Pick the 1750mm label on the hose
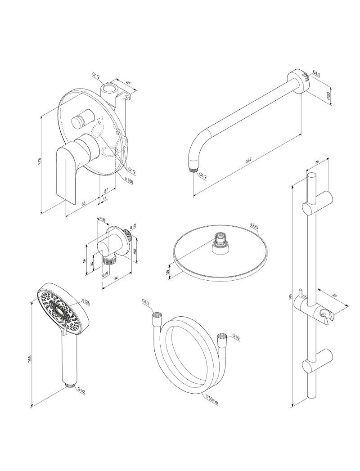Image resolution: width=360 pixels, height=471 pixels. click(x=211, y=399)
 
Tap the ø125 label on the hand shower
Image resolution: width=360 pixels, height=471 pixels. click(x=86, y=303)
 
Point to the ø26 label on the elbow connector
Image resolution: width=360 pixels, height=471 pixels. click(x=102, y=220)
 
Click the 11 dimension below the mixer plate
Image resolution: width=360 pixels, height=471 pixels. click(x=104, y=198)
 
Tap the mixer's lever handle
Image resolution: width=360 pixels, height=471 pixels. click(x=67, y=166)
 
